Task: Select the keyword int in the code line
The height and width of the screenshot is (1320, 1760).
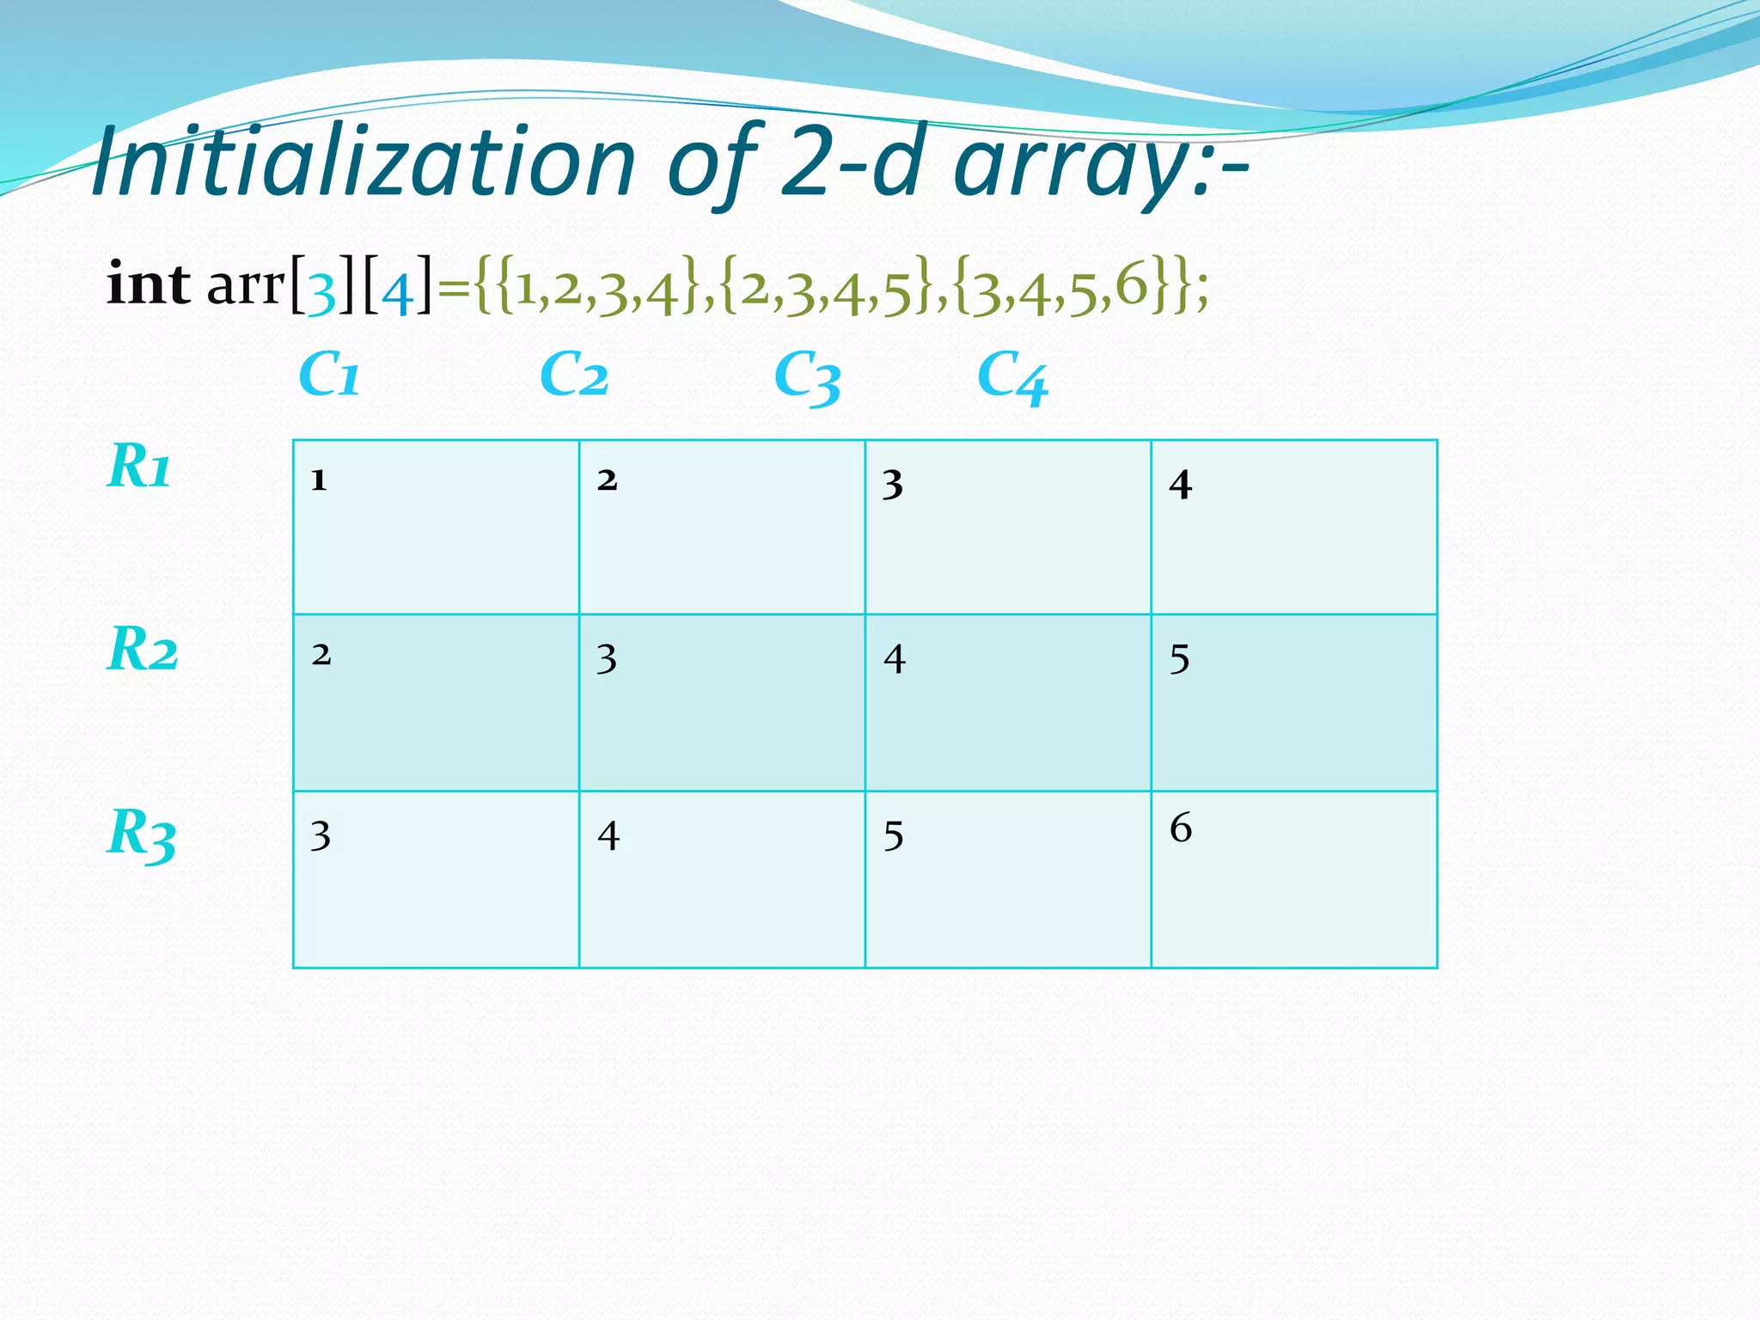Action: tap(148, 284)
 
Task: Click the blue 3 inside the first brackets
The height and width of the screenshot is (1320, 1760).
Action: tap(321, 292)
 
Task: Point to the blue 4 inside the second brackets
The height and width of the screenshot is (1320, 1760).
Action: tap(396, 292)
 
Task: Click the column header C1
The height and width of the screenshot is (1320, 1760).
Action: tap(329, 376)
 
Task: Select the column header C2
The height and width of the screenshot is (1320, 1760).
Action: tap(574, 376)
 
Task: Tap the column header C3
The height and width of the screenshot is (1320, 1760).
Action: tap(807, 378)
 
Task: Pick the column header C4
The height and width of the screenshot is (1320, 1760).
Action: tap(1012, 378)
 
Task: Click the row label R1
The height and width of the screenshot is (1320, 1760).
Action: tap(139, 467)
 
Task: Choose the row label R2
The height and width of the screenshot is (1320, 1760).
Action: tap(143, 649)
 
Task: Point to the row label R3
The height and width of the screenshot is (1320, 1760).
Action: tap(142, 834)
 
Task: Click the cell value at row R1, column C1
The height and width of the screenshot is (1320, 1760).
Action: tap(319, 480)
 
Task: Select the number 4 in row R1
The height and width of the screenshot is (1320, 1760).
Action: tap(1180, 485)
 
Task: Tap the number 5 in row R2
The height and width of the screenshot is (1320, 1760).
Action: tap(1180, 660)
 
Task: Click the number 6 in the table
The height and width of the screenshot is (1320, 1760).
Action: tap(1181, 828)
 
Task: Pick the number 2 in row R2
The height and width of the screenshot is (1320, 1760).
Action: tap(321, 655)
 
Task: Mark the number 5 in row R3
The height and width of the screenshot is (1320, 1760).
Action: tap(894, 836)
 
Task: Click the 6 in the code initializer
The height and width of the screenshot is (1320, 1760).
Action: tap(1132, 286)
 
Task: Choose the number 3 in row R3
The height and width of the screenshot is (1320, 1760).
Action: tap(321, 836)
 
